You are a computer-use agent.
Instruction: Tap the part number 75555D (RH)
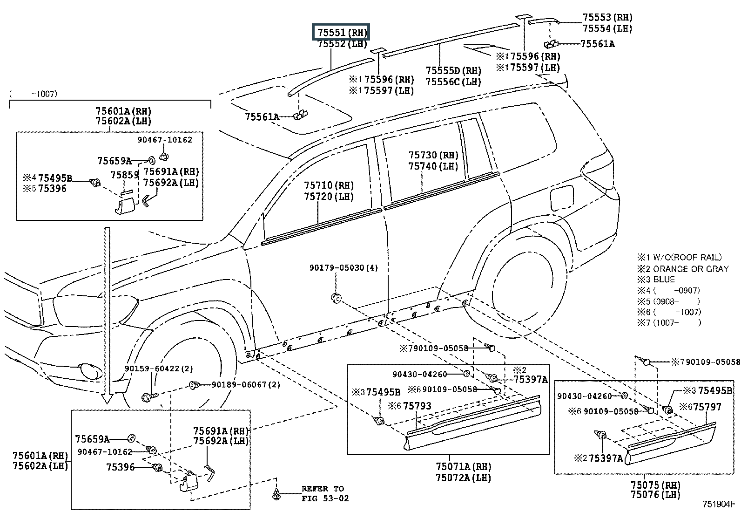click(x=453, y=71)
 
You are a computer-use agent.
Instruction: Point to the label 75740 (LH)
click(x=433, y=166)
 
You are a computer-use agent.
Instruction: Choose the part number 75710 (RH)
click(x=329, y=185)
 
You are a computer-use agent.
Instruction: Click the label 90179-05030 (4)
click(x=344, y=268)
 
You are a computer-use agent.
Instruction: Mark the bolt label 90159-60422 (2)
click(x=158, y=369)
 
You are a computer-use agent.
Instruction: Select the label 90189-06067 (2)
click(x=246, y=384)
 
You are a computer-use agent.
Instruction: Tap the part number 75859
click(x=124, y=175)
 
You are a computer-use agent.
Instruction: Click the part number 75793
click(x=417, y=406)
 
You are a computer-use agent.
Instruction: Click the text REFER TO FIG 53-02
click(x=324, y=493)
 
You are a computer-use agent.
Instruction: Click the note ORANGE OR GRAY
click(x=690, y=269)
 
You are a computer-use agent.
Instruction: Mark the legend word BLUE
click(x=664, y=280)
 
